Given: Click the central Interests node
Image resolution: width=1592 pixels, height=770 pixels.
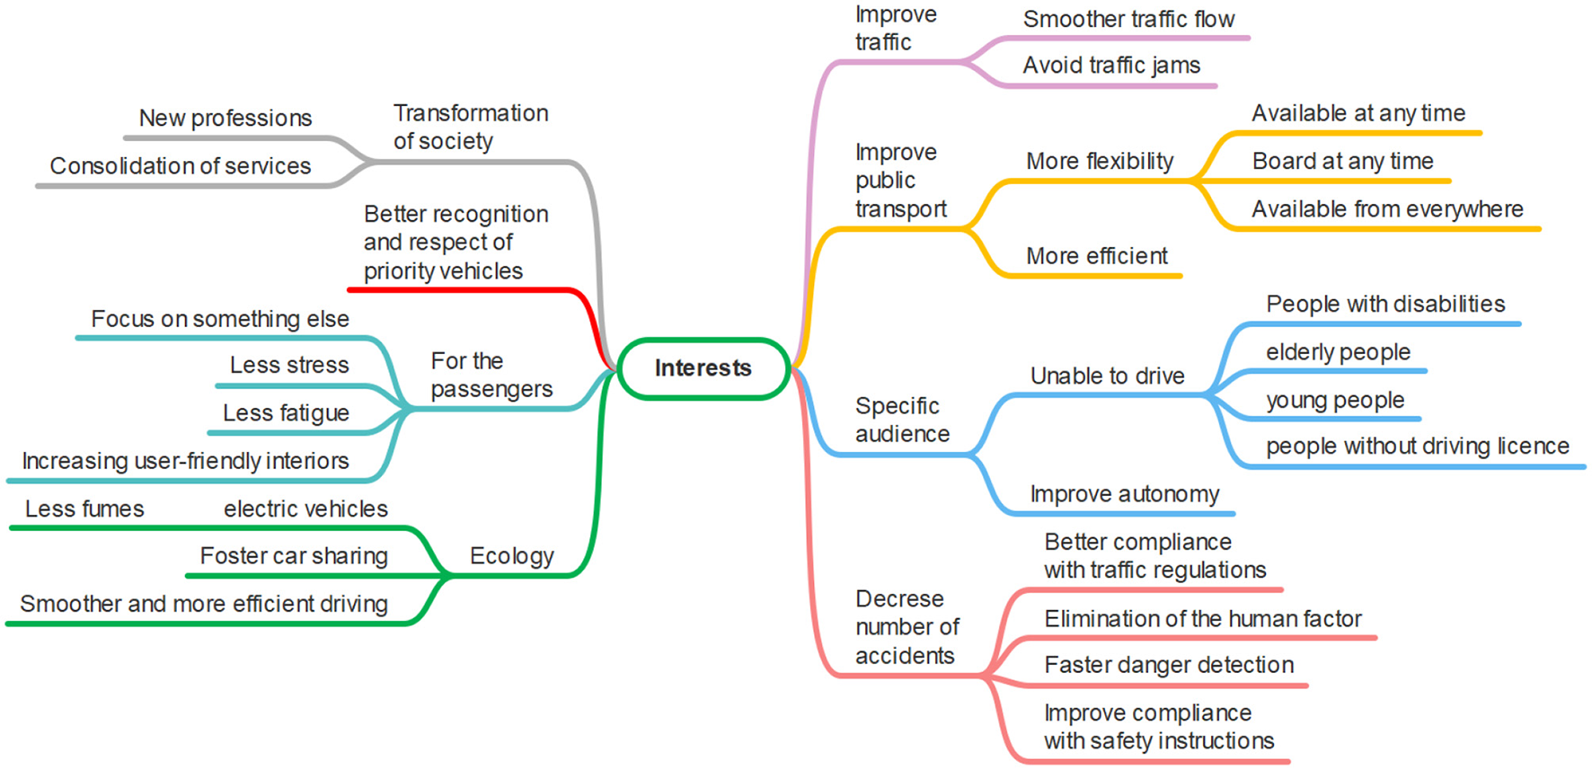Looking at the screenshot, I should pyautogui.click(x=703, y=368).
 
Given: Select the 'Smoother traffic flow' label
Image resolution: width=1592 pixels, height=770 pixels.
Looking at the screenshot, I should pyautogui.click(x=1128, y=20).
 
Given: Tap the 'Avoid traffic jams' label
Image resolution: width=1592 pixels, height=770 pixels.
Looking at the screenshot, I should pyautogui.click(x=1110, y=66).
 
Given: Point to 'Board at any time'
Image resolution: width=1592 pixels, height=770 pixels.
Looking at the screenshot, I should pyautogui.click(x=1342, y=162).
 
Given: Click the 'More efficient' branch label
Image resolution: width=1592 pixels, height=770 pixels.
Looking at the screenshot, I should pyautogui.click(x=1096, y=257).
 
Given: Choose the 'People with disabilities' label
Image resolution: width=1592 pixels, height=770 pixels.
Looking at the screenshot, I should pyautogui.click(x=1384, y=305).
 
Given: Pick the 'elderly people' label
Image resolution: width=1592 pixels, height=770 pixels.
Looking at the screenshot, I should pyautogui.click(x=1338, y=352).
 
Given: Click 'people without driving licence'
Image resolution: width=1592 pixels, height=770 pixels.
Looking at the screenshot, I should pyautogui.click(x=1417, y=447).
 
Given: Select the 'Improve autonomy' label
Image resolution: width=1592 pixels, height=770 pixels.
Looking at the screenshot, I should pyautogui.click(x=1124, y=495).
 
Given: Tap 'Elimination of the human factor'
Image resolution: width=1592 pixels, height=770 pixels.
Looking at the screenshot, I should pyautogui.click(x=1202, y=619).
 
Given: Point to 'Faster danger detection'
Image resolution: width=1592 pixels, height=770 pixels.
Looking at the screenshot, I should pyautogui.click(x=1168, y=666).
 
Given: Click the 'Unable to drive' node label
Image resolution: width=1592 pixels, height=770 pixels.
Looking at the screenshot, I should pyautogui.click(x=1107, y=376).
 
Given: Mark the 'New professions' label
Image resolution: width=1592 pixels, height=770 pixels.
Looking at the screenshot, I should pyautogui.click(x=225, y=119).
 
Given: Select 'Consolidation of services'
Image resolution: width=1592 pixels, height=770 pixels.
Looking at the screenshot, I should pyautogui.click(x=180, y=166).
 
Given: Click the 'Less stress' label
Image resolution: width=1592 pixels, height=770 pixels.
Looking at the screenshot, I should pyautogui.click(x=288, y=366).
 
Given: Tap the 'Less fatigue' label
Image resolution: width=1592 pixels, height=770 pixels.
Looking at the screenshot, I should pyautogui.click(x=286, y=413).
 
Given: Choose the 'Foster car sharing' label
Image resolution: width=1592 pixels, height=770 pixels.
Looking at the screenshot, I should pyautogui.click(x=293, y=556).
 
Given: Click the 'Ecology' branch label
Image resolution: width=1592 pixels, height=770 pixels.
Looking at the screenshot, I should pyautogui.click(x=511, y=556).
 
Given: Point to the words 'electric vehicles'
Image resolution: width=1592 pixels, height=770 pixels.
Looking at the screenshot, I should pyautogui.click(x=305, y=509).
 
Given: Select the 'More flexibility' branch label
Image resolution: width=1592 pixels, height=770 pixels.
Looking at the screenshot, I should pyautogui.click(x=1099, y=162).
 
